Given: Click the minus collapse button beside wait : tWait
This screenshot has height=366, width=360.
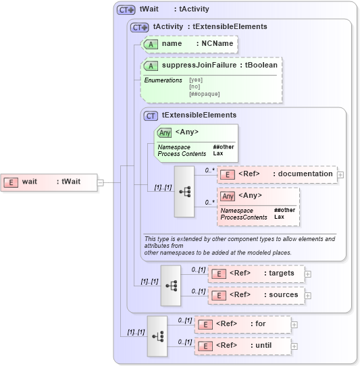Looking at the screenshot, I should tap(100, 182).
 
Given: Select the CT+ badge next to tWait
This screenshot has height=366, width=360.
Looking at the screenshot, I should tap(126, 9).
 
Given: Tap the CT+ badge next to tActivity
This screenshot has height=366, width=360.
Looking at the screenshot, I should tap(140, 27).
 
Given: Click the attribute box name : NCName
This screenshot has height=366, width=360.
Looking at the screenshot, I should tap(190, 44).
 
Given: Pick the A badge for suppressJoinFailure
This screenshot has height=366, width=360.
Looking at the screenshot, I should tap(152, 66).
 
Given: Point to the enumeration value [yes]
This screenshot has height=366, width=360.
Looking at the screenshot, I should tap(195, 80).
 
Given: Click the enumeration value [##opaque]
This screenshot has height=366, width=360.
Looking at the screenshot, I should tap(204, 94).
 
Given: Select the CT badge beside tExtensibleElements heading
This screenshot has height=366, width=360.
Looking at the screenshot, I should tap(151, 115).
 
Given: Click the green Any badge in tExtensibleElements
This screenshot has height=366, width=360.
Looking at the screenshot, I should tap(164, 132).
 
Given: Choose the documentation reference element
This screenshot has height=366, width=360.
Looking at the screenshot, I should tap(276, 174).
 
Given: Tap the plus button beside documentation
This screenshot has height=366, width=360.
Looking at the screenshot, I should tap(340, 174).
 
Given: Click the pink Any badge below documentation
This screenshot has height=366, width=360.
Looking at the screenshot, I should tap(228, 196).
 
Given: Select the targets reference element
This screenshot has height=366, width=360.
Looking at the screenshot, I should tap(256, 273).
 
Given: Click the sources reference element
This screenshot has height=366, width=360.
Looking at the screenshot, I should tap(256, 295).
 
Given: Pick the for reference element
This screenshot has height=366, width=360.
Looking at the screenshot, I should tap(242, 324).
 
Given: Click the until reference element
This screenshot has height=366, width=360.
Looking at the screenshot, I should tap(242, 346).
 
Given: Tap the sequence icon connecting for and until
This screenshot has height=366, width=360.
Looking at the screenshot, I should tap(157, 336).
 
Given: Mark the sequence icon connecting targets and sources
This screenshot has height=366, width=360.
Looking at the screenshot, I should tap(171, 285).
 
